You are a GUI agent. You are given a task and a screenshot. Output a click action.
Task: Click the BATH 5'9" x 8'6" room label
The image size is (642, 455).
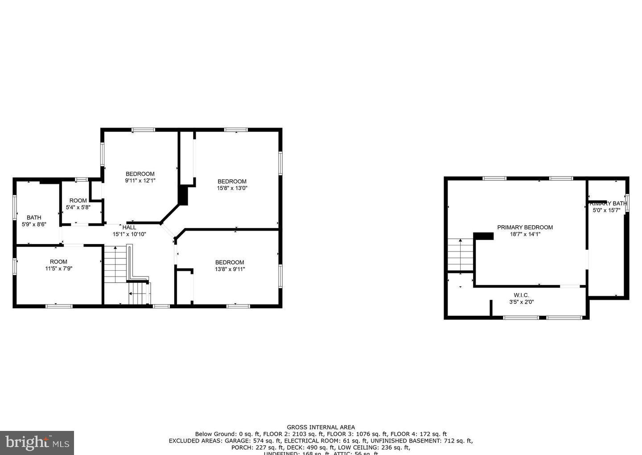click(x=34, y=218)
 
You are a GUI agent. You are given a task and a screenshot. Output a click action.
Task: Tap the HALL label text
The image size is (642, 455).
click(x=129, y=227)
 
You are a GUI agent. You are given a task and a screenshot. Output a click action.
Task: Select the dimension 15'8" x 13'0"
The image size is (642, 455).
click(x=232, y=188)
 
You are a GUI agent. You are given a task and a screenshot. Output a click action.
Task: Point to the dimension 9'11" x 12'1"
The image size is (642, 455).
click(x=140, y=181)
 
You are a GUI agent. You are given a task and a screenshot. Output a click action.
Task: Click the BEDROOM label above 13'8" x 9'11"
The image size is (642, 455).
click(x=230, y=262)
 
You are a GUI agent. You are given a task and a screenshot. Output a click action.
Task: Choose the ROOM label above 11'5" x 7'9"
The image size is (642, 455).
click(x=58, y=262)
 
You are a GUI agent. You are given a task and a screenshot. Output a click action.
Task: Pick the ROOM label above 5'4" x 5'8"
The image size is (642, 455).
click(x=78, y=201)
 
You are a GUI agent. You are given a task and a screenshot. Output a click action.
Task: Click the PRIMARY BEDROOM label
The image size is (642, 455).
click(x=525, y=227)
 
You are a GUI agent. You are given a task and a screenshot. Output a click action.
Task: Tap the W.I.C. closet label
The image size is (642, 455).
click(x=521, y=295)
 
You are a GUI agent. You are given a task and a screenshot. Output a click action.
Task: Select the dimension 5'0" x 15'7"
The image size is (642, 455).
click(x=606, y=210)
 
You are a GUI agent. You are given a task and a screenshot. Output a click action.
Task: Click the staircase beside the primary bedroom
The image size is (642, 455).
click(x=461, y=255)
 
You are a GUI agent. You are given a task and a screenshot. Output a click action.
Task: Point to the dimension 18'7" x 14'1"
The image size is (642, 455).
click(x=525, y=234)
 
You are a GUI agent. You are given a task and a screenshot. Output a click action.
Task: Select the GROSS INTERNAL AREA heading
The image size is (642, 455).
click(x=321, y=427)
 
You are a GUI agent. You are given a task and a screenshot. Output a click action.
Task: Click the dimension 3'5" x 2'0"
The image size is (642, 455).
click(x=521, y=302)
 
